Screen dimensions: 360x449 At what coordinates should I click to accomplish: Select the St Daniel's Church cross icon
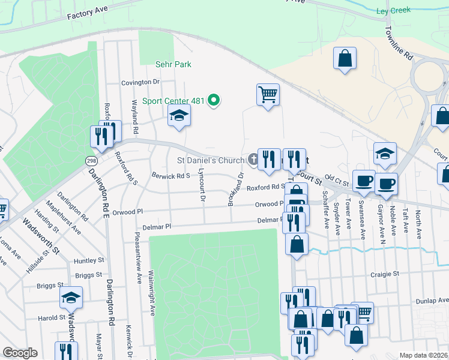[253, 160]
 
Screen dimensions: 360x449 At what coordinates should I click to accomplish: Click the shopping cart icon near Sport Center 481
[268, 94]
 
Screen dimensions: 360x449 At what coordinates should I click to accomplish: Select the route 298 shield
[91, 161]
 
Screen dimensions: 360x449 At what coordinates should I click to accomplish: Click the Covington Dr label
[140, 82]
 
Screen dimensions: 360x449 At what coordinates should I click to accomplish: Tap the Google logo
[20, 352]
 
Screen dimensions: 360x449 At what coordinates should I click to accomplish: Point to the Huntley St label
[89, 261]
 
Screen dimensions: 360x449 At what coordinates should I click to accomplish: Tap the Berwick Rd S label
[170, 176]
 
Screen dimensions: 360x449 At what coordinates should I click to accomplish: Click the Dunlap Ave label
[435, 300]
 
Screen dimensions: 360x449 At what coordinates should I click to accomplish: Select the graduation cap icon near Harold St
[71, 298]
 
